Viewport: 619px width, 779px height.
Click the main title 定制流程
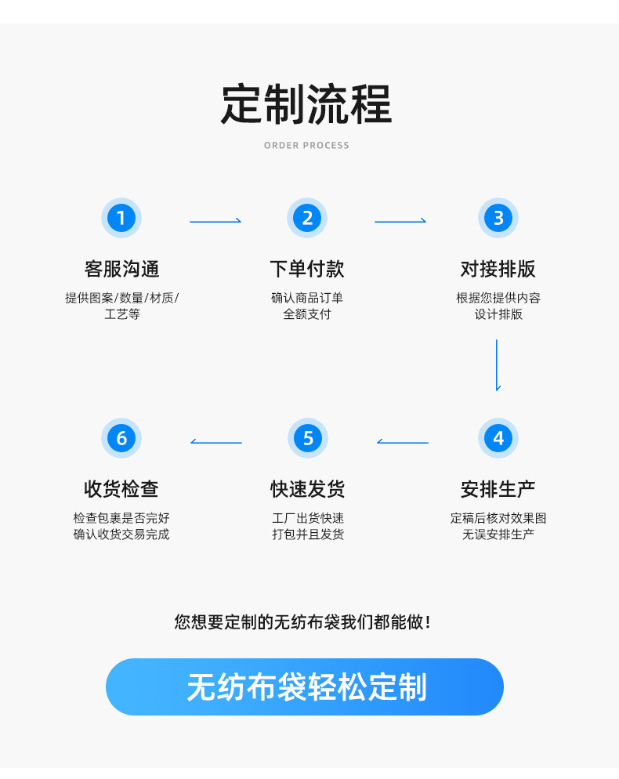click(306, 103)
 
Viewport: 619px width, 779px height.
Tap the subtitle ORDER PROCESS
click(306, 146)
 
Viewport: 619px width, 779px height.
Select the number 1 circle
click(121, 218)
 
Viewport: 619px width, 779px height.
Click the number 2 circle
click(307, 218)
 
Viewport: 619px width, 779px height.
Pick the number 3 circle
click(498, 218)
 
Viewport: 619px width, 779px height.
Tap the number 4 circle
click(498, 438)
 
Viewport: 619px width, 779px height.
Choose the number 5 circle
click(307, 438)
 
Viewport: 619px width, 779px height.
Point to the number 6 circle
click(121, 438)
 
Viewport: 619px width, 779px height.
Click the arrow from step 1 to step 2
click(215, 222)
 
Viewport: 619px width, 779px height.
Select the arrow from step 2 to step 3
click(400, 222)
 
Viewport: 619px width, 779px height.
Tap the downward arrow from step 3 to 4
click(497, 364)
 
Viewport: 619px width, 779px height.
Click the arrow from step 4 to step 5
click(403, 443)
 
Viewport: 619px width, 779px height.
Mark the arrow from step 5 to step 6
click(216, 443)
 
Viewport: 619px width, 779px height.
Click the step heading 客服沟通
click(121, 269)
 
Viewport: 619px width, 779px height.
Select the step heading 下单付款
click(307, 269)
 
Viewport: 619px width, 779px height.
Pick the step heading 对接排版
click(498, 269)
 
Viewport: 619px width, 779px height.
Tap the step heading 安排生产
click(498, 489)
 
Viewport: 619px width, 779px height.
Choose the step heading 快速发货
click(307, 489)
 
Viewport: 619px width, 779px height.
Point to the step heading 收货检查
click(121, 489)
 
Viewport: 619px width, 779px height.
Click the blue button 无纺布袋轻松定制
click(305, 687)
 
